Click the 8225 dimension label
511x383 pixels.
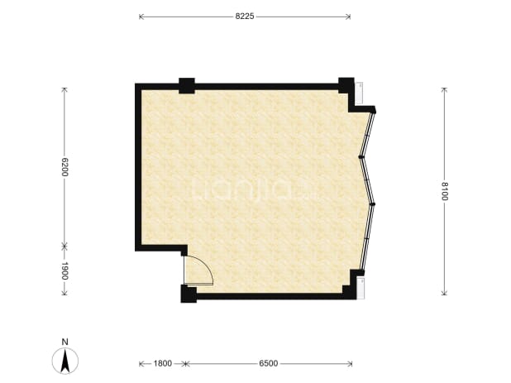pyautogui.click(x=245, y=17)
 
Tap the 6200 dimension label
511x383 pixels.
pyautogui.click(x=64, y=167)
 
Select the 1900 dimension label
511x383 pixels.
pyautogui.click(x=64, y=270)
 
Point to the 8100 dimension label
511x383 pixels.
pyautogui.click(x=445, y=191)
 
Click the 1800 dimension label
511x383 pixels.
pyautogui.click(x=162, y=363)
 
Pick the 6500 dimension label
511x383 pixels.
pyautogui.click(x=269, y=363)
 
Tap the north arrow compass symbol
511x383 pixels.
pyautogui.click(x=65, y=361)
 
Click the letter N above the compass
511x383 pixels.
pyautogui.click(x=65, y=342)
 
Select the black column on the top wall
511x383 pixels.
pyautogui.click(x=187, y=86)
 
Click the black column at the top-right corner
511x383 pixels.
pyautogui.click(x=346, y=85)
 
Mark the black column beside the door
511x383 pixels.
pyautogui.click(x=189, y=294)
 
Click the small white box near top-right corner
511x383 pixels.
pyautogui.click(x=359, y=93)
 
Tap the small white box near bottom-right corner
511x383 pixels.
pyautogui.click(x=361, y=288)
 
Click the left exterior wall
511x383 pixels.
pyautogui.click(x=138, y=167)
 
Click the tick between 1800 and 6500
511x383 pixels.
pyautogui.click(x=185, y=364)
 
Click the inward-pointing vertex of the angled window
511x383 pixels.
pyautogui.click(x=361, y=157)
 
